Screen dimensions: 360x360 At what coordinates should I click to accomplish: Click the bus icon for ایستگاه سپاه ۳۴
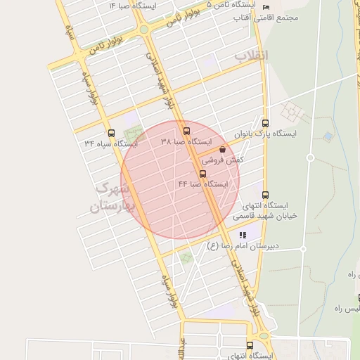111,133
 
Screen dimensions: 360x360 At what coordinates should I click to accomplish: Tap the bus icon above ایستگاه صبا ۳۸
186,131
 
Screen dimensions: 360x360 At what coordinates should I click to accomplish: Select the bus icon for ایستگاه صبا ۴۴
203,173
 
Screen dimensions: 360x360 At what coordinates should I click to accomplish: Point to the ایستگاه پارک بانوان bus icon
265,122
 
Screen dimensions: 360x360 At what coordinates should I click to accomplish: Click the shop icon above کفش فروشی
223,149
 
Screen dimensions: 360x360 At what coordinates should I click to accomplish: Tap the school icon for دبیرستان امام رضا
243,235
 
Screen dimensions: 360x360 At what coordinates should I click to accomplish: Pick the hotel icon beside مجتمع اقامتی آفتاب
264,6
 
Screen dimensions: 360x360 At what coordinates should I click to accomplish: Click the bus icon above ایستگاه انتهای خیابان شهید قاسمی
265,195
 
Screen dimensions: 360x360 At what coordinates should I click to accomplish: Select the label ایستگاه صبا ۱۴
132,5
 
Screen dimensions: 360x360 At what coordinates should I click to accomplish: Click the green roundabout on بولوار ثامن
144,30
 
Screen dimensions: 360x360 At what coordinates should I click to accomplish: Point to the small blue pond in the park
328,136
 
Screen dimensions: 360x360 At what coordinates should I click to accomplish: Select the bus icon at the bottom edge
250,345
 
